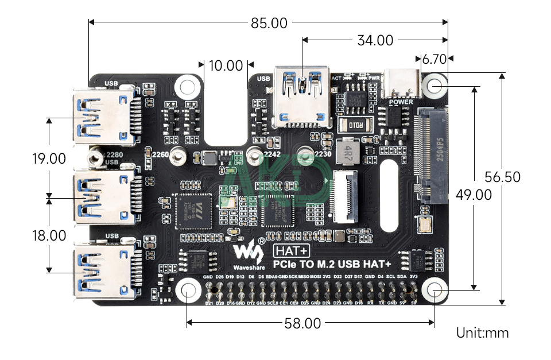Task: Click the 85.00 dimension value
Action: (269, 23)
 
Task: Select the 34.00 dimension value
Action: (375, 40)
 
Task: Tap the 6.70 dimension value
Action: (434, 59)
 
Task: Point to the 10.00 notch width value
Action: (226, 65)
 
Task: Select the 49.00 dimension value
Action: (474, 195)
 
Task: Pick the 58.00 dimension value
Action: (302, 323)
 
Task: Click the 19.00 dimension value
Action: (49, 158)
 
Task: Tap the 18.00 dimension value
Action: (49, 235)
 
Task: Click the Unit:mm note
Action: (482, 332)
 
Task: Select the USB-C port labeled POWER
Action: (401, 84)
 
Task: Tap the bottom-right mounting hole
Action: (435, 291)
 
